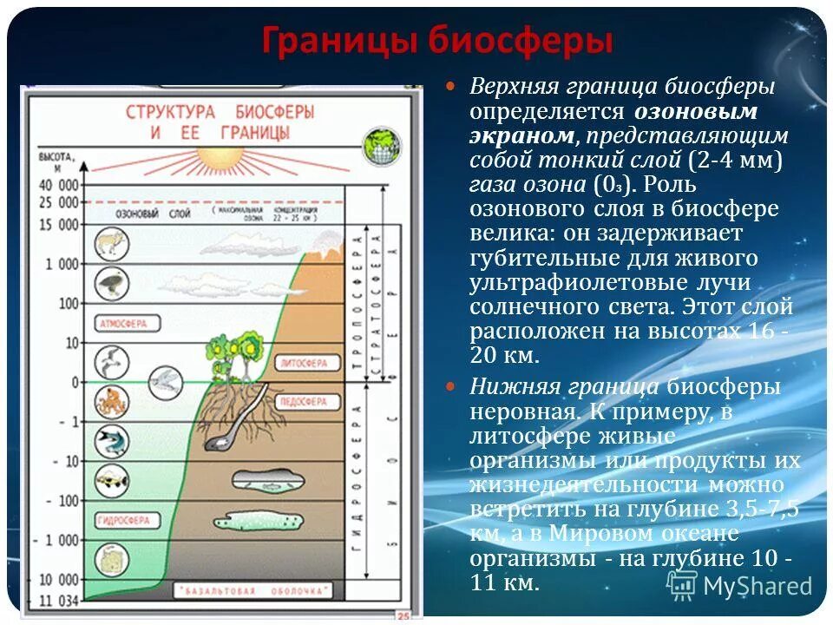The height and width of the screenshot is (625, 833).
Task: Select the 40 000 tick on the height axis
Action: coord(57,184)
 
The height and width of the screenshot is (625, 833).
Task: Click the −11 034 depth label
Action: coord(57,599)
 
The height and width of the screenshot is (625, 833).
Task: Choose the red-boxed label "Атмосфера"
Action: coord(123,323)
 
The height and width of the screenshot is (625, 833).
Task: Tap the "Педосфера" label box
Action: coord(302,403)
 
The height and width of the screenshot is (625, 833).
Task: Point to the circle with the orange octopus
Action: coord(111,401)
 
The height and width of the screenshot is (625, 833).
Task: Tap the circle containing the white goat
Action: coord(111,245)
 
